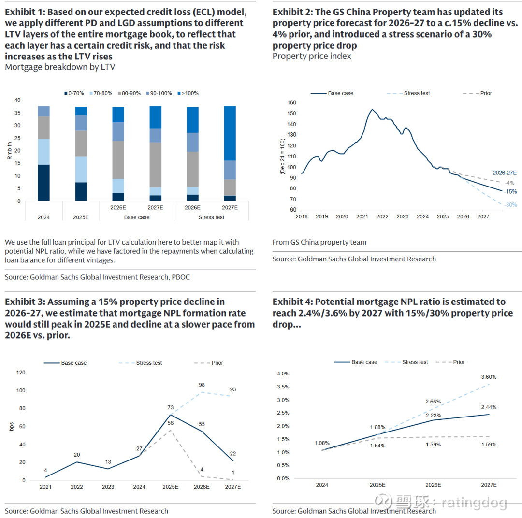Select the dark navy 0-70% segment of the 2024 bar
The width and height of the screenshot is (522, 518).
[44, 183]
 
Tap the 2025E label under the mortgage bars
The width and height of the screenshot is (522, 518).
[81, 217]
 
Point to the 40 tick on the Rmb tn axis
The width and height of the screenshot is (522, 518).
[17, 101]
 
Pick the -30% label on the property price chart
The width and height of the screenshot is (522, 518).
[510, 205]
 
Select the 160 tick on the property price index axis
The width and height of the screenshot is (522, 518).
[291, 102]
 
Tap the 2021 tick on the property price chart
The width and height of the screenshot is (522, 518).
[362, 217]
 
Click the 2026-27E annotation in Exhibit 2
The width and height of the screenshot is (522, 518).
[505, 173]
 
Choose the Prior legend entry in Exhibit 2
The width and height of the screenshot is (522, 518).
[485, 93]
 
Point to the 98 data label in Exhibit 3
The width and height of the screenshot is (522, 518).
[202, 385]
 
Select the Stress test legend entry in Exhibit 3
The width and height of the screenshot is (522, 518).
[148, 363]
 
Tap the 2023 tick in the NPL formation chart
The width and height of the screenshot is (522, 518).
[108, 487]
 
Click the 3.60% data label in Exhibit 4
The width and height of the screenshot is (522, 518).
[489, 377]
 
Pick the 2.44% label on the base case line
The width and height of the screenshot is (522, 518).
[489, 407]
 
